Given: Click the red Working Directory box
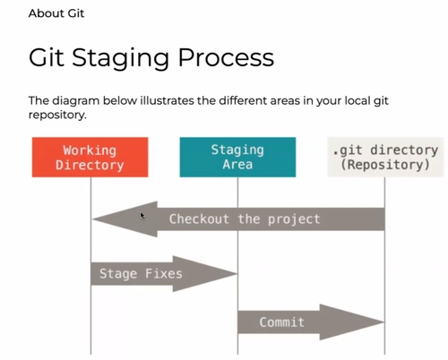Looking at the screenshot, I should [90, 157].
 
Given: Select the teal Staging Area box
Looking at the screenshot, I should [237, 157].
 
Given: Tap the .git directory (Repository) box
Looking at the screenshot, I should [384, 157].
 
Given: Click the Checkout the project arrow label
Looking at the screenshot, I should [244, 219].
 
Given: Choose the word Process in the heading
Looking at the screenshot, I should [228, 58].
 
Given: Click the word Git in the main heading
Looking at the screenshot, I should [46, 58].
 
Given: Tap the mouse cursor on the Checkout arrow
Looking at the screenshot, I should [142, 214].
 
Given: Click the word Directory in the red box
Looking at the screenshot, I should [90, 165].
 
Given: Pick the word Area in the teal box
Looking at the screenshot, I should [237, 165].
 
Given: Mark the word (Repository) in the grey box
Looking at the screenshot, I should [384, 165].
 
